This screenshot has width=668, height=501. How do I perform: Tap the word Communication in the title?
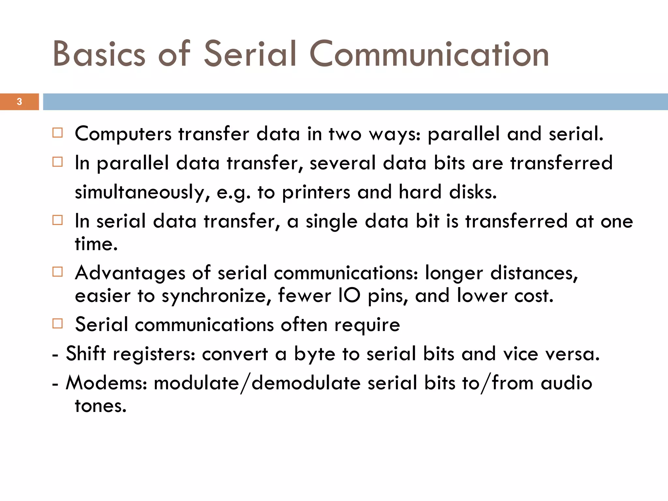point(429,54)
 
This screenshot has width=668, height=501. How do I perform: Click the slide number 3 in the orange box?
point(19,102)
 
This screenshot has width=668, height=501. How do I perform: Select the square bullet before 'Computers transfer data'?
point(57,133)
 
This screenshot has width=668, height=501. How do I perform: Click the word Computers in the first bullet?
point(123,134)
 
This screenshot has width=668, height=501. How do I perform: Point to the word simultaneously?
point(142,192)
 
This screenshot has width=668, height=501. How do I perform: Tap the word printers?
point(316,192)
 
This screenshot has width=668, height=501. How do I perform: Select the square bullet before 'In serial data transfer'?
point(57,220)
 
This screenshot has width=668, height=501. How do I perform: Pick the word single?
point(331,221)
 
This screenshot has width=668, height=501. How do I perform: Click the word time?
point(96,244)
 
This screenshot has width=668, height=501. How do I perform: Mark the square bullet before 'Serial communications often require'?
point(57,324)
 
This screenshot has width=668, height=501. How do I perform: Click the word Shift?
point(86,354)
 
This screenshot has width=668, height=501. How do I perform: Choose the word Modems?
point(106,383)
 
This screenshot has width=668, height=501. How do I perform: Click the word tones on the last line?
point(100,406)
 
